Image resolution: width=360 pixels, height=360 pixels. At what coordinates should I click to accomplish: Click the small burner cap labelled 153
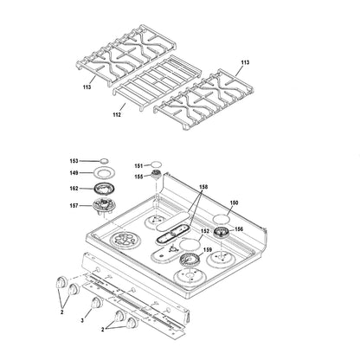click(x=106, y=160)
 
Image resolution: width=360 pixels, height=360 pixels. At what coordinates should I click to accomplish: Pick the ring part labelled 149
click(x=106, y=173)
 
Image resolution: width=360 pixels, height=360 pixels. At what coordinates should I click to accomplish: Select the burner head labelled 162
click(x=106, y=189)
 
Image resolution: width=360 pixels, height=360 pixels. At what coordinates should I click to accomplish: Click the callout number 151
click(x=138, y=166)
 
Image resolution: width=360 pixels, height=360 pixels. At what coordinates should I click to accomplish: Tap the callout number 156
click(x=239, y=229)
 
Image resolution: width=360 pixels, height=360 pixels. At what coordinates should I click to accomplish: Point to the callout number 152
click(x=205, y=231)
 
